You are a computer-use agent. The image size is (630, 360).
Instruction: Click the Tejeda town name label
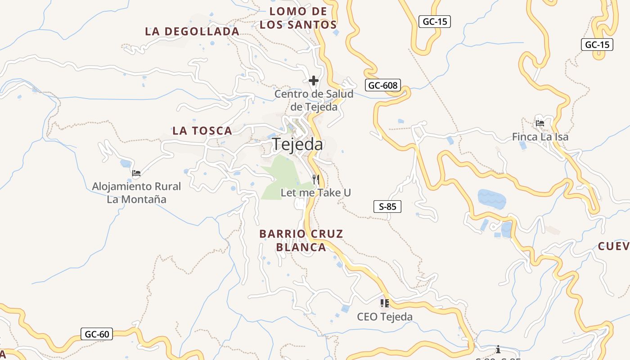click(x=297, y=144)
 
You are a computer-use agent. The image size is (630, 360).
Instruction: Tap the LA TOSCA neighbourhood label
click(x=202, y=131)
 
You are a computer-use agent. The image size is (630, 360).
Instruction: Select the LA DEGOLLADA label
click(x=192, y=31)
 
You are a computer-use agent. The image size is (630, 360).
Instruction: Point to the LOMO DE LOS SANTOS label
click(x=298, y=18)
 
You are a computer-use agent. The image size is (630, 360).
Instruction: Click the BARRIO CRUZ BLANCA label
click(x=301, y=240)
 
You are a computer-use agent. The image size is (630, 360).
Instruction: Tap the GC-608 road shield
click(x=382, y=85)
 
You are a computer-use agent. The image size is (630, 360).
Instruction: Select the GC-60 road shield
click(x=97, y=334)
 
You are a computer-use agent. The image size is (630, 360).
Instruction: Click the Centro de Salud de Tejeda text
click(x=314, y=100)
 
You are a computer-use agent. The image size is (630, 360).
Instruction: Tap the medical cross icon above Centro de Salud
click(x=314, y=81)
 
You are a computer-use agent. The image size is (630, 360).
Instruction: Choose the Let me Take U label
click(x=315, y=193)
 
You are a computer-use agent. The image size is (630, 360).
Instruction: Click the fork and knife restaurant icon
click(x=316, y=180)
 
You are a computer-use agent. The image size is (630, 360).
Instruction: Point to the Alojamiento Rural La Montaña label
click(x=136, y=193)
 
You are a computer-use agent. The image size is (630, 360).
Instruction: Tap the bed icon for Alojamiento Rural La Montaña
click(x=136, y=173)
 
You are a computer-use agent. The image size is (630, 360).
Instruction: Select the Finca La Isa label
click(x=540, y=137)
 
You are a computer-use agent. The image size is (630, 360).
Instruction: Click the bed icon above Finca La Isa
click(x=540, y=122)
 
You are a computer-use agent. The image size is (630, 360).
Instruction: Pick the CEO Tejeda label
click(x=384, y=317)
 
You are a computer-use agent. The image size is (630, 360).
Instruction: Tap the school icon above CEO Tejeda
click(x=384, y=303)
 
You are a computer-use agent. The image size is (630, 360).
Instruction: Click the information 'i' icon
click(x=498, y=349)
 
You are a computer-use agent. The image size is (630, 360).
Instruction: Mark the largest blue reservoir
click(x=491, y=198)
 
